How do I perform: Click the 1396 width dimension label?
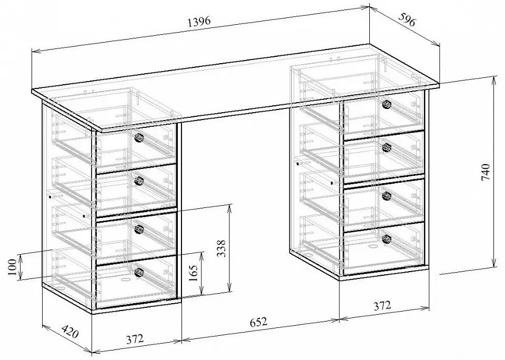pos(199,22)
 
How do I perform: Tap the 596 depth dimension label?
pos(407,19)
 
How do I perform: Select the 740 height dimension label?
pos(486,173)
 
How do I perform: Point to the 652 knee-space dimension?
pos(259,322)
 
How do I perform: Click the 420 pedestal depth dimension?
pos(69,332)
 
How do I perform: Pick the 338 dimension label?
pos(221,248)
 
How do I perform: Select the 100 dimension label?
pos(12,267)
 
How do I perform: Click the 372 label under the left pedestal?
pos(134,339)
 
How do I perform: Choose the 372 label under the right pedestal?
pos(382,305)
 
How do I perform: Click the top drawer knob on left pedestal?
pos(139,137)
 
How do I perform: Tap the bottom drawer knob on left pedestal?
pos(139,272)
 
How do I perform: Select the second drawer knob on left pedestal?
pos(139,181)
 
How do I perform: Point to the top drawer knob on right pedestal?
pos(387,104)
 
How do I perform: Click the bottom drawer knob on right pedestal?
pos(387,239)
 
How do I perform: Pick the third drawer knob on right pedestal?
pos(387,195)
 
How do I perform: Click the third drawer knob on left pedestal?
pos(139,229)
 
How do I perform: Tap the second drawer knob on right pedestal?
pos(387,147)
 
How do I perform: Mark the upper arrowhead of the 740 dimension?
pos(493,79)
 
